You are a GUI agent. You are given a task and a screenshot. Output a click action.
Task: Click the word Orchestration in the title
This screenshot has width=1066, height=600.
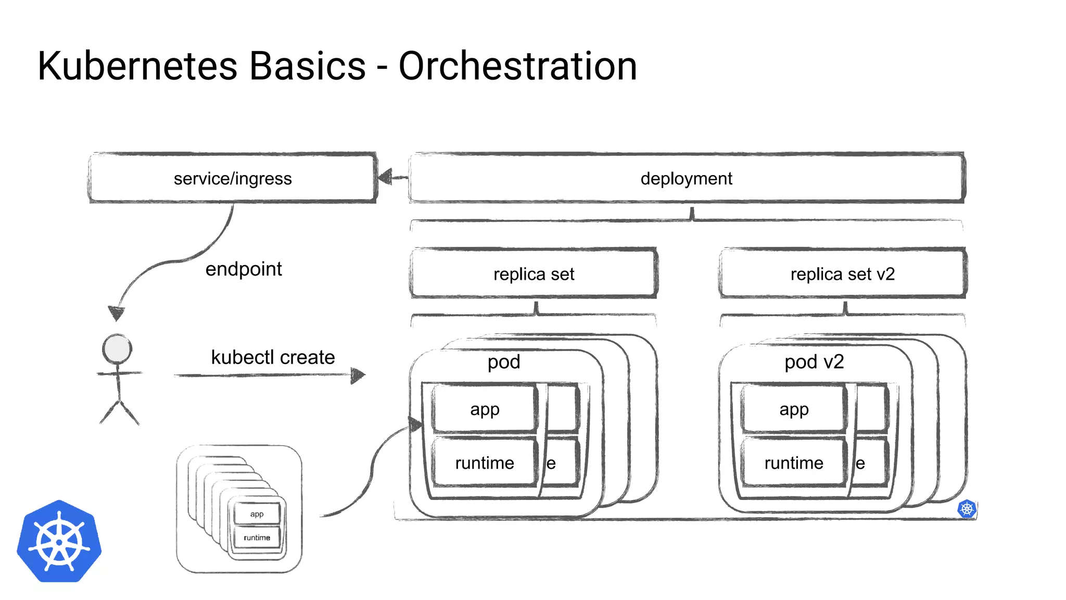(x=517, y=66)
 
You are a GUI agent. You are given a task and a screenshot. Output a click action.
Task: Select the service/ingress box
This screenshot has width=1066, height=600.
(x=233, y=178)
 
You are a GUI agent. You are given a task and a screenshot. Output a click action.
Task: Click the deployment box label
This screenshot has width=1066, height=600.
(x=686, y=178)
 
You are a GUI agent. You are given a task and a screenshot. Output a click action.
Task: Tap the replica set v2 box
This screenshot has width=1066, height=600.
(x=842, y=274)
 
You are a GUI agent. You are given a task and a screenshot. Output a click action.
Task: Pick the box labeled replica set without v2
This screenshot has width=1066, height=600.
(x=534, y=274)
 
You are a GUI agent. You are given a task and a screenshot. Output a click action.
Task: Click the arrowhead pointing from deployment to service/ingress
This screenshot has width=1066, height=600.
(x=385, y=178)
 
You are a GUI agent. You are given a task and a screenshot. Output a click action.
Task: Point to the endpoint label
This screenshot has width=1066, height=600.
(x=244, y=269)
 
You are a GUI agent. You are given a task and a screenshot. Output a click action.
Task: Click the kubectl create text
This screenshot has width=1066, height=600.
(x=273, y=357)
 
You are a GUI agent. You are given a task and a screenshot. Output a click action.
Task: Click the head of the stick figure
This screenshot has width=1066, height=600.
(x=117, y=349)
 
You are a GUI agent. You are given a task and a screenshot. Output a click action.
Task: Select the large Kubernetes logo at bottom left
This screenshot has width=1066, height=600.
(x=59, y=542)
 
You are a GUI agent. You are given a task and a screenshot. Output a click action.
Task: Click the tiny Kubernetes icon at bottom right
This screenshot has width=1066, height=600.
(x=967, y=509)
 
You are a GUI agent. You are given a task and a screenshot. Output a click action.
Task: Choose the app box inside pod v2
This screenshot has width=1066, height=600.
(x=793, y=409)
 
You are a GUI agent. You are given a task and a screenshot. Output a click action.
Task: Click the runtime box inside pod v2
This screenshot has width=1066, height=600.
(x=793, y=463)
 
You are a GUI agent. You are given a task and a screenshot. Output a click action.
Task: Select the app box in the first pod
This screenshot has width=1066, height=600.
(x=485, y=409)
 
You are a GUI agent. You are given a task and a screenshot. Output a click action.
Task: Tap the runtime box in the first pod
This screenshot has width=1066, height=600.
(x=485, y=463)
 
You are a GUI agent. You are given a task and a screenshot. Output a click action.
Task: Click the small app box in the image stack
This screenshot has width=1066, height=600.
(x=257, y=514)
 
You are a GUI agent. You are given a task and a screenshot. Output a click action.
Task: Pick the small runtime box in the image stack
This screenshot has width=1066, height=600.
(x=257, y=537)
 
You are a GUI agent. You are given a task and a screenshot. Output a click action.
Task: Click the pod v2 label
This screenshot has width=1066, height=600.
(x=814, y=361)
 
